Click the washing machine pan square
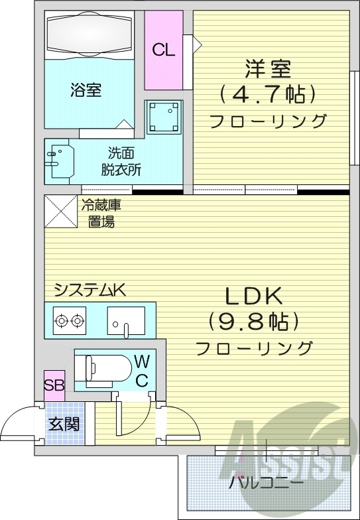pyautogui.click(x=163, y=118)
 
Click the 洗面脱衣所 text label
pyautogui.click(x=120, y=161)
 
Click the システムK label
pyautogui.click(x=90, y=290)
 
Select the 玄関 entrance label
pyautogui.click(x=64, y=423)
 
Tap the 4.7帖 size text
pyautogui.click(x=268, y=94)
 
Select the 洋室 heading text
pyautogui.click(x=268, y=69)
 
